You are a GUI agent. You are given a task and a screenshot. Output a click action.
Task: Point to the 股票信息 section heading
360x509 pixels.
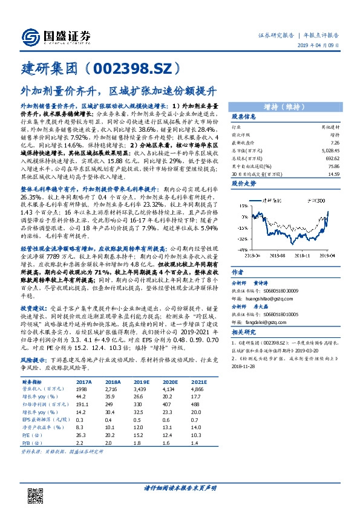point(244,117)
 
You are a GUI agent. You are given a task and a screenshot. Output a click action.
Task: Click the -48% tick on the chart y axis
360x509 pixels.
point(240,249)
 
